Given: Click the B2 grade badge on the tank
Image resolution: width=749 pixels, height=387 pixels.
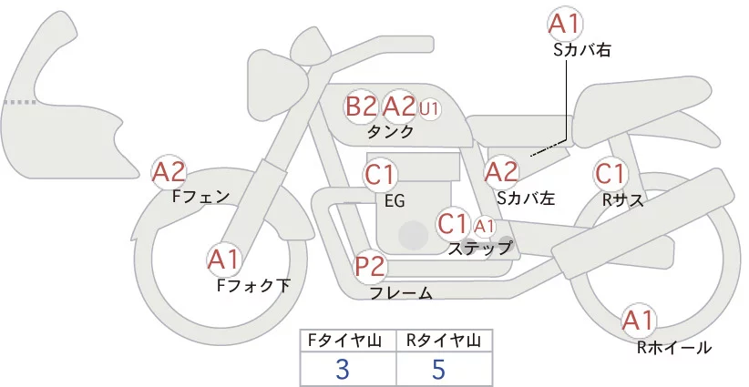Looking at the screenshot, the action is pos(361,107).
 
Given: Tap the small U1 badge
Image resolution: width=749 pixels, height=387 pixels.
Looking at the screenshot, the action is pos(429,108).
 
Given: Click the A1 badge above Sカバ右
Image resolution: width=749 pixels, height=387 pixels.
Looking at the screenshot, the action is pos(566,24).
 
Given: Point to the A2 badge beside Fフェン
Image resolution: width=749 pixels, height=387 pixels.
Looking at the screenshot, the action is pos(169,170).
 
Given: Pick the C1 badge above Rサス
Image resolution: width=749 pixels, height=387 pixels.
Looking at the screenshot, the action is pos(609,173).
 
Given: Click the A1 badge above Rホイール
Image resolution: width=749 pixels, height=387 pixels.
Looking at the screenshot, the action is pos(638,321).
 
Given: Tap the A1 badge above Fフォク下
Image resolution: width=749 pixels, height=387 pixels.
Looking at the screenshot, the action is pos(224,260).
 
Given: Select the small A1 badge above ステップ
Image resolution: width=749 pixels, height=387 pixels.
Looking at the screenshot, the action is pos(484,225).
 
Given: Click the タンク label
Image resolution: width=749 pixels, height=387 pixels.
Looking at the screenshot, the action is pos(390,132).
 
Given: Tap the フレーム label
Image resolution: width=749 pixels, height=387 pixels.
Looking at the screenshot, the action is pos(401,293).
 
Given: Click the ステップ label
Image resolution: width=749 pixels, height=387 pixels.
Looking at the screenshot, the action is pos(480,247).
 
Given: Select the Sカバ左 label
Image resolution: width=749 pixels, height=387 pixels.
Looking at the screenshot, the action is pos(526,197).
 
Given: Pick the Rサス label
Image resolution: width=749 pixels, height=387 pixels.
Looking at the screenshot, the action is pos(623,199).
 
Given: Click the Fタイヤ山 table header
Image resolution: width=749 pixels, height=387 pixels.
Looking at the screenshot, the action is pos(348,340).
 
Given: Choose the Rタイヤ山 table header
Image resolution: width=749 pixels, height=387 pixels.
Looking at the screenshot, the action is pos(444,340).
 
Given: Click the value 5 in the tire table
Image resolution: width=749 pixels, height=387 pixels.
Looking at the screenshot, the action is pos(438,369).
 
